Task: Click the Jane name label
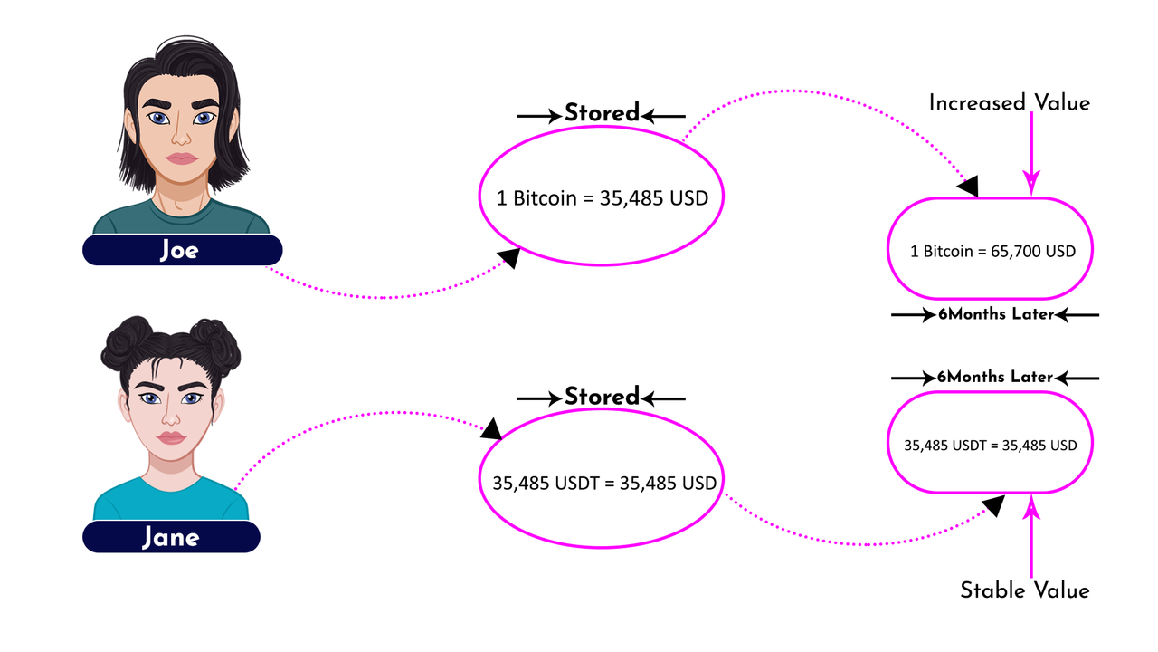(171, 537)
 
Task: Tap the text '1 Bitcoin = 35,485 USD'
(602, 198)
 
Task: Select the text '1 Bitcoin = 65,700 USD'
(992, 252)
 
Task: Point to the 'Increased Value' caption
(1009, 103)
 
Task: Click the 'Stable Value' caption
(1025, 590)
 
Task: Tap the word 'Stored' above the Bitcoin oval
(602, 113)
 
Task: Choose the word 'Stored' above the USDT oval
(602, 397)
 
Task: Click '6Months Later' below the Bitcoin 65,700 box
(996, 314)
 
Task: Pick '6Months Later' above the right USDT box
(995, 377)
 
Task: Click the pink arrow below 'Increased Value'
(1031, 154)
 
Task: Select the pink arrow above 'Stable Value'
(1031, 537)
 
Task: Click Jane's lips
(171, 437)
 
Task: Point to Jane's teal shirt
(171, 498)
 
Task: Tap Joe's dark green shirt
(181, 218)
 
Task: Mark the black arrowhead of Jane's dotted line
(490, 429)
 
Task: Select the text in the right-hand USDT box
(990, 446)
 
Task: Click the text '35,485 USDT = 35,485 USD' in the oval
(603, 484)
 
